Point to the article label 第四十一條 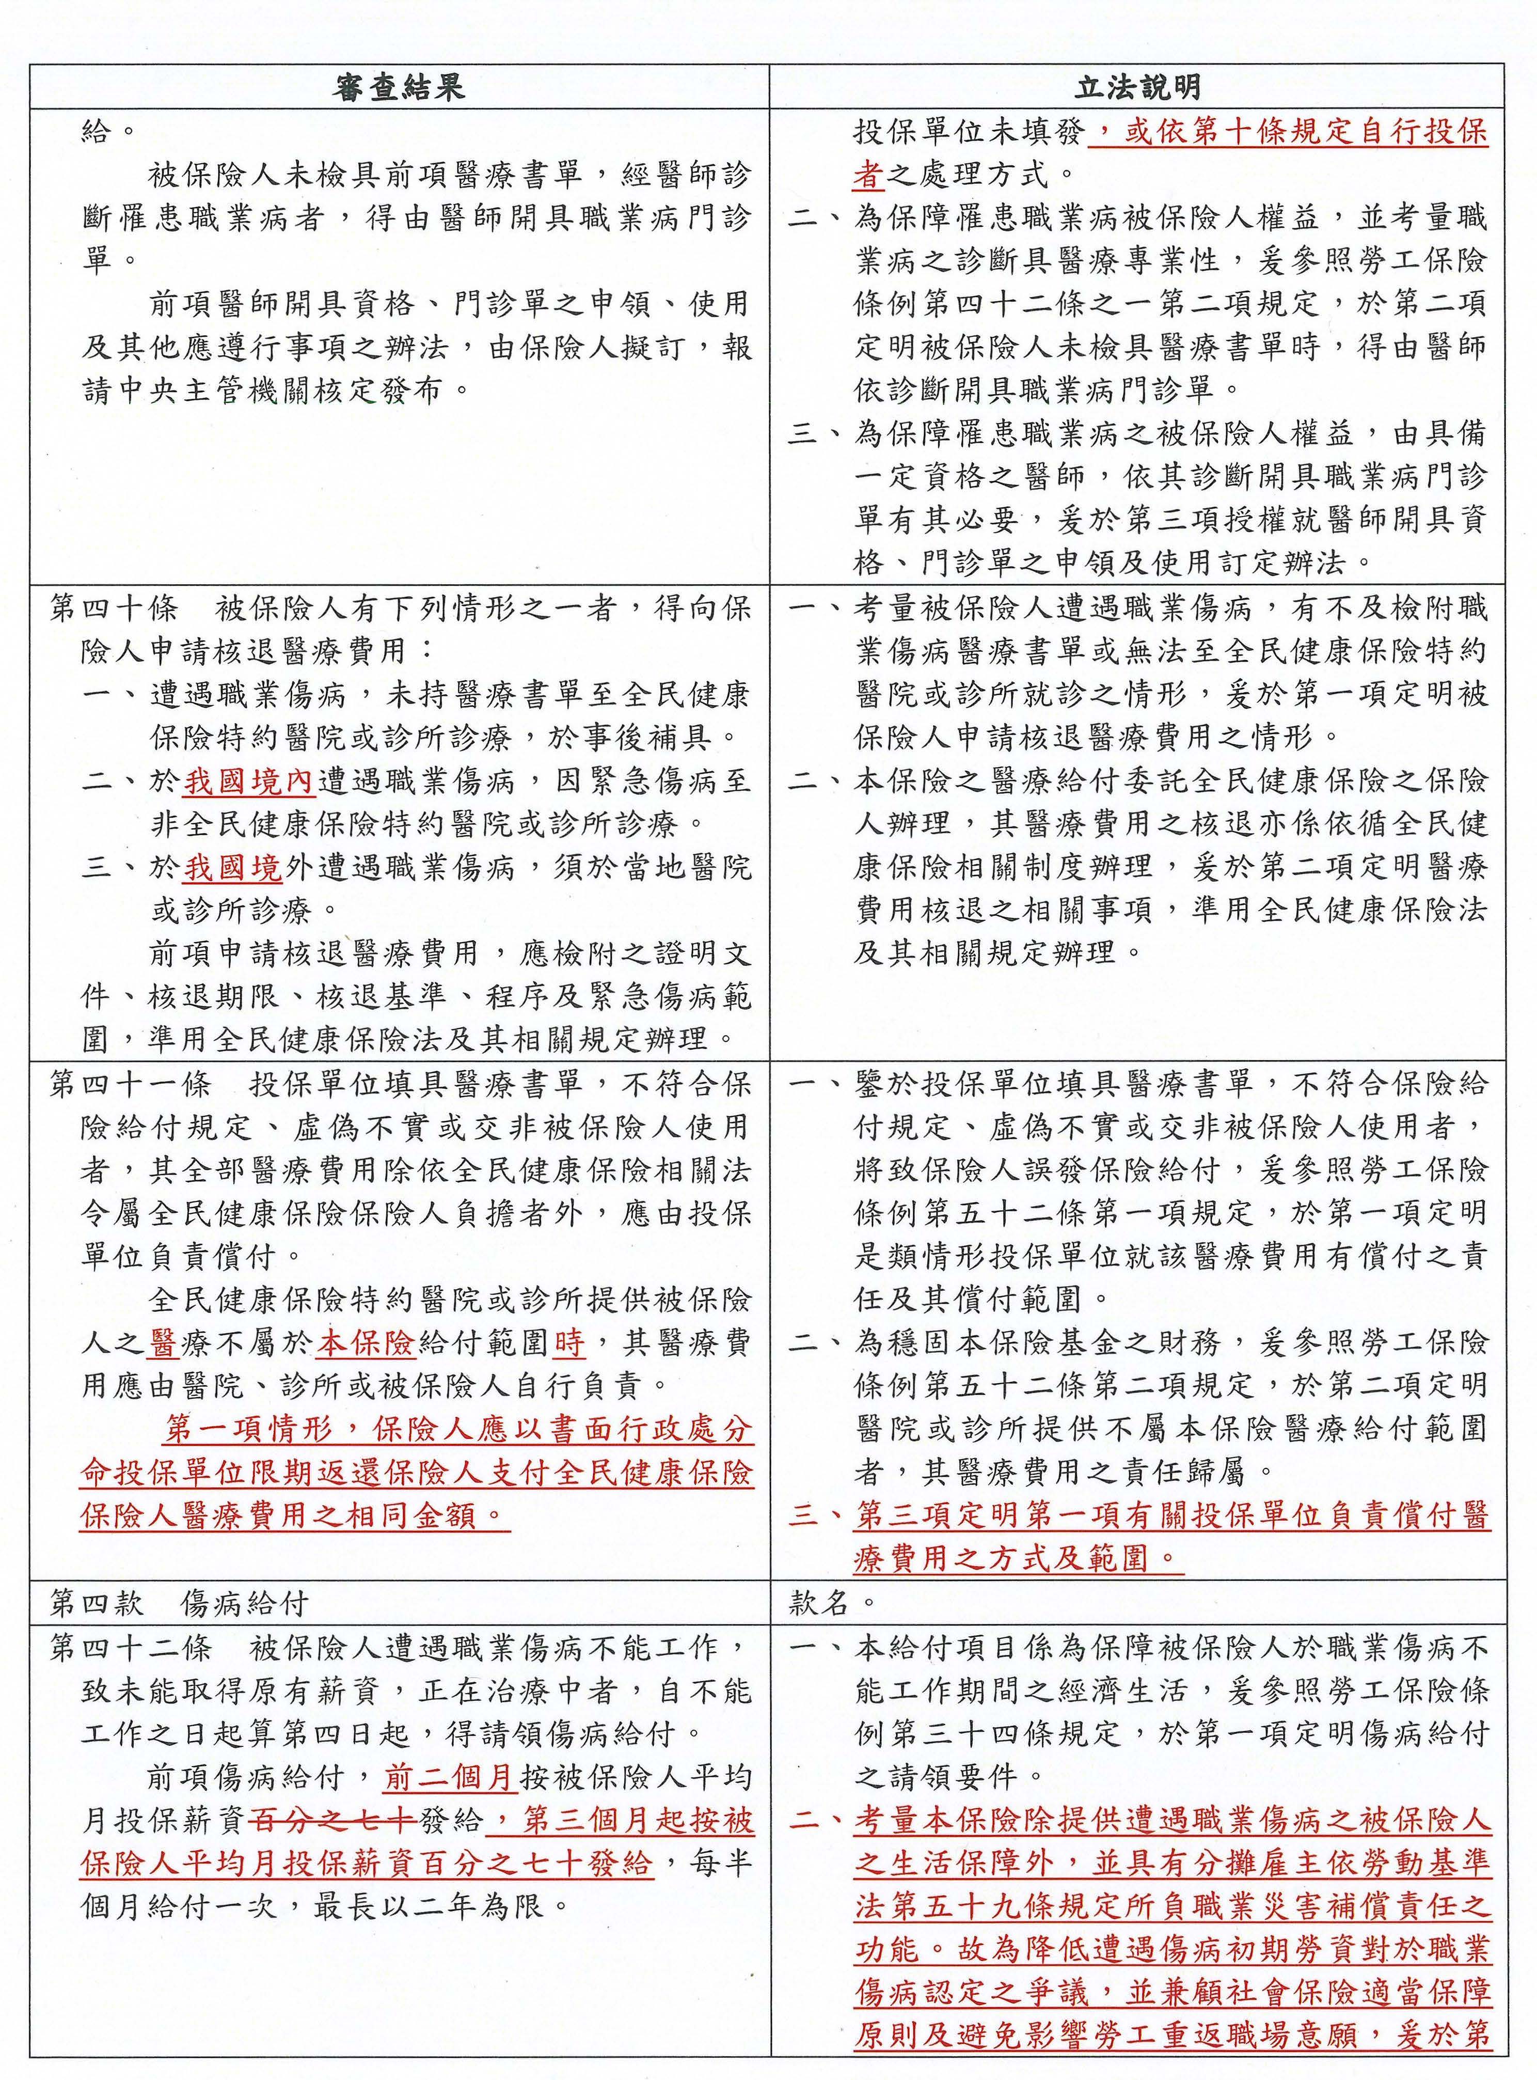(x=130, y=1084)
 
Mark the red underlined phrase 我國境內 (x=249, y=782)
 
